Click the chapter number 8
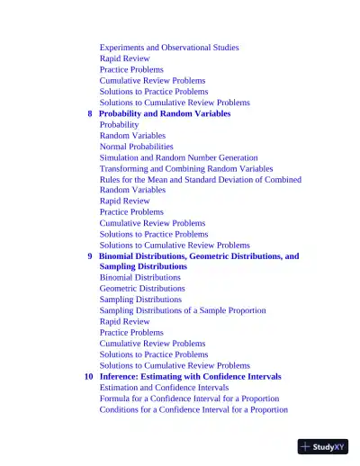point(89,114)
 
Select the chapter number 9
point(89,256)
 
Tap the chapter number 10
point(88,377)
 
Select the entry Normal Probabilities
point(136,147)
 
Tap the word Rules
point(109,179)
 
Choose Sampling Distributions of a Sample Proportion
point(183,310)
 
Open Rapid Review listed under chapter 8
point(124,202)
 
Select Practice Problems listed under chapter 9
point(131,333)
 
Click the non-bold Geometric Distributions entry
point(142,289)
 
